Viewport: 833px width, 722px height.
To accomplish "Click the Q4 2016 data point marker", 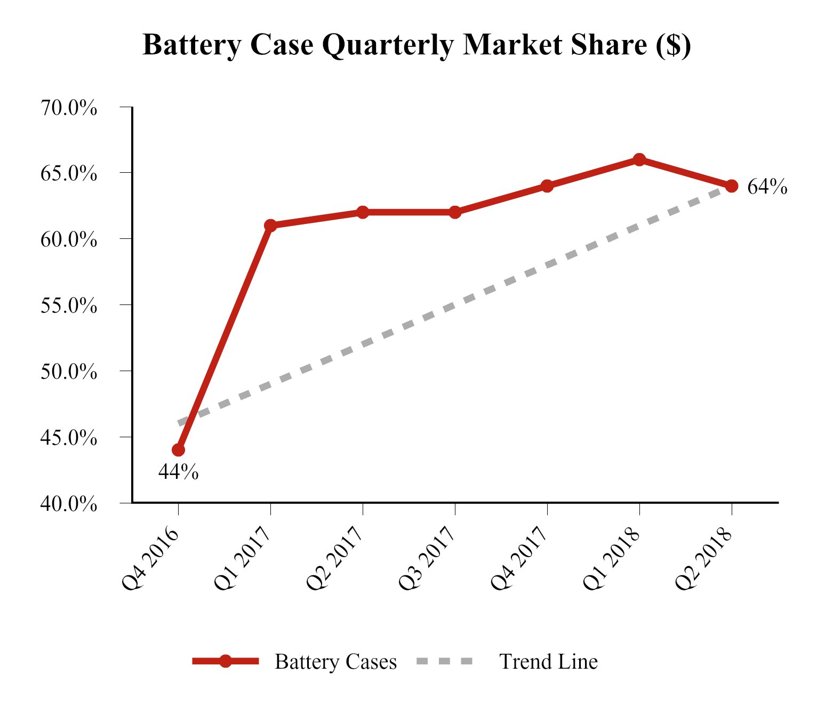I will point(179,450).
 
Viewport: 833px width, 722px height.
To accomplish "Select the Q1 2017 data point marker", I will point(270,225).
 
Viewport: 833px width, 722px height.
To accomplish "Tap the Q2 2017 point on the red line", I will point(363,212).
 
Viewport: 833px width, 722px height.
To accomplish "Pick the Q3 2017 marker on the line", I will point(455,212).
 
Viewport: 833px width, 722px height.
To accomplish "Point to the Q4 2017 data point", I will point(547,186).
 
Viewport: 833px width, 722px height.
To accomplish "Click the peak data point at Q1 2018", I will point(639,159).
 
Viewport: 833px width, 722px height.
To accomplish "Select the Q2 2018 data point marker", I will point(732,186).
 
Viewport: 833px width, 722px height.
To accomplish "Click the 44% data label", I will point(179,472).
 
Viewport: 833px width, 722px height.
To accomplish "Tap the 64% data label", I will point(767,187).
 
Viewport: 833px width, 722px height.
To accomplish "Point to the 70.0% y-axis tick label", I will point(69,108).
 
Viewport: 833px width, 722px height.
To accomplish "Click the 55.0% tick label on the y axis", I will point(69,306).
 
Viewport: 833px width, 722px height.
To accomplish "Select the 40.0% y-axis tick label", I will point(69,503).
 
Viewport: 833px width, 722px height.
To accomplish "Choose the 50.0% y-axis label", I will point(69,372).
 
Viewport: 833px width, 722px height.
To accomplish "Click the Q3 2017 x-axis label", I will point(428,558).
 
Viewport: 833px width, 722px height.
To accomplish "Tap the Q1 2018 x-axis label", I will point(612,558).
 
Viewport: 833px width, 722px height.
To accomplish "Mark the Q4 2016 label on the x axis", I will point(151,558).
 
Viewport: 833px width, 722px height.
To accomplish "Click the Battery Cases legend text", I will point(335,662).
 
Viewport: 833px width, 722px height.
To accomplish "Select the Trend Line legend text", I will point(548,662).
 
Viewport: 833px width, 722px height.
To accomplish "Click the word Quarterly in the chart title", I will point(387,45).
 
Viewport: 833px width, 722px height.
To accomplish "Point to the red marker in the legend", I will point(226,661).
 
